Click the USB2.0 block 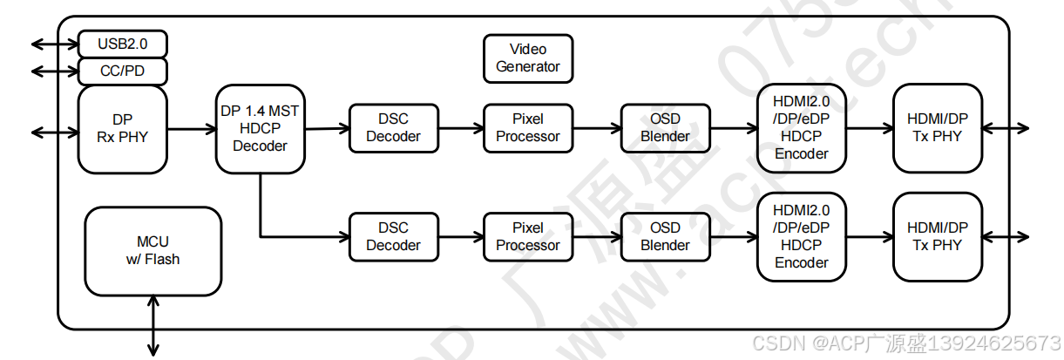(x=122, y=44)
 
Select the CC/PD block (x=122, y=71)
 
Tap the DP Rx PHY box (x=122, y=128)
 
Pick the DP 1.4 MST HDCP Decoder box (x=260, y=128)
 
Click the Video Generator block (x=527, y=58)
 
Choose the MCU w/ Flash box (x=152, y=250)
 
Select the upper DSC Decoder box (x=393, y=128)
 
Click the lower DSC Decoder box (x=393, y=236)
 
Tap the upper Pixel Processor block (x=527, y=128)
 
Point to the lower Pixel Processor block (x=527, y=236)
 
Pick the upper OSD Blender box (x=665, y=128)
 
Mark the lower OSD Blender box (x=665, y=236)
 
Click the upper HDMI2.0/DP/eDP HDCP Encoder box (x=802, y=128)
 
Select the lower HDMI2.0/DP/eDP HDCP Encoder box (x=802, y=236)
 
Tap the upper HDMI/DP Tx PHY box (x=937, y=128)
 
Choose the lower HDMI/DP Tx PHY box (x=937, y=236)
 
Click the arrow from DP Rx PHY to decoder (x=191, y=129)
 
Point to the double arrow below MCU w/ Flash (x=153, y=325)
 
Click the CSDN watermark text (x=906, y=343)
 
